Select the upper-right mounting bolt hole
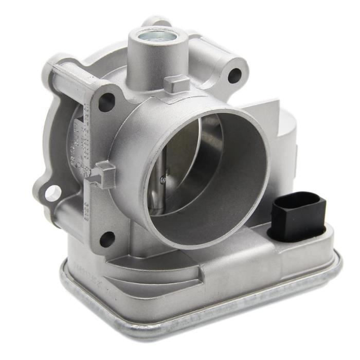(x=235, y=76)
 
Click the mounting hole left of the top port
(x=106, y=102)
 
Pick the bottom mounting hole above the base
(x=106, y=238)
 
